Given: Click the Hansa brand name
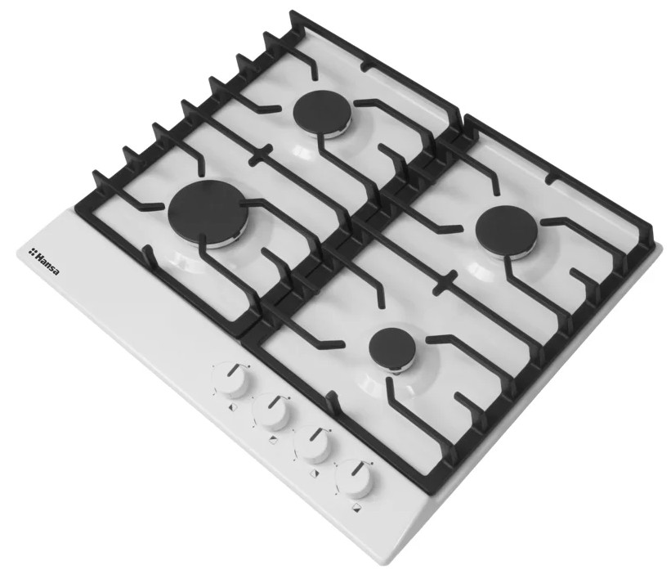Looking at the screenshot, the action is pos(47,263).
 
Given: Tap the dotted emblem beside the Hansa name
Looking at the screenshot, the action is pos(31,251).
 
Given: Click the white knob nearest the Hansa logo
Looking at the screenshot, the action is pos(231,379).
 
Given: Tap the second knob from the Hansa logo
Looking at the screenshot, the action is pos(271,412).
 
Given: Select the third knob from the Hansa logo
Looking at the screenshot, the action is pos(313,445).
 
